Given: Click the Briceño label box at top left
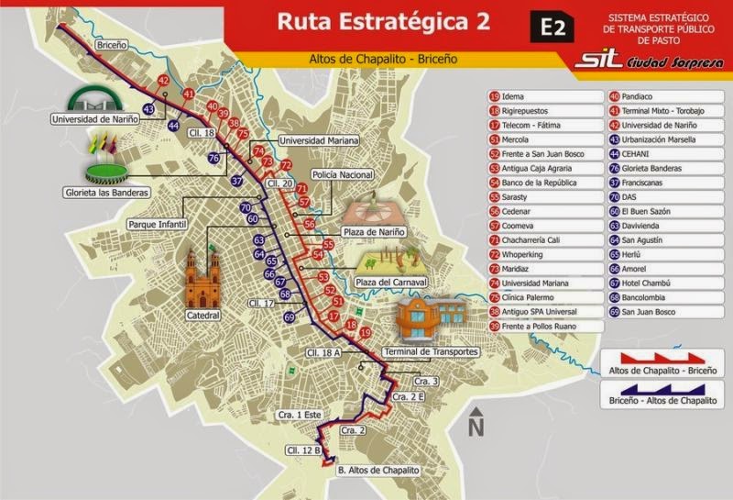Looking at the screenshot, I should (111, 43).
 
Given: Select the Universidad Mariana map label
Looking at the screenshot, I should (320, 140).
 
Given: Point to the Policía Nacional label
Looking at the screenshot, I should (342, 174).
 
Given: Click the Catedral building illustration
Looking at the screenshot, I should (202, 280).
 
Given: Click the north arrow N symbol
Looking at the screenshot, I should (475, 423).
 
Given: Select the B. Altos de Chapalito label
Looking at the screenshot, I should (377, 470).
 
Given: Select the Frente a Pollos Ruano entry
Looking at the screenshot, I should (537, 326).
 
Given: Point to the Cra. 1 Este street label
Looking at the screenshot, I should (300, 416).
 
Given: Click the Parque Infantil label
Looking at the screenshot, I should (157, 224).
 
